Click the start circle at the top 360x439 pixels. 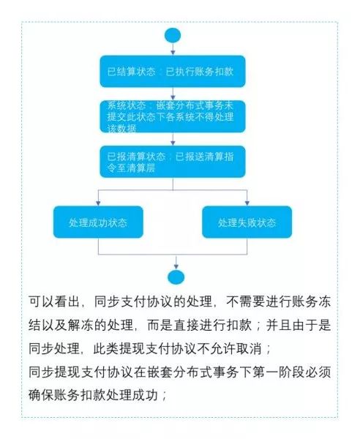point(173,36)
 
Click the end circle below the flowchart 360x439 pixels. point(176,277)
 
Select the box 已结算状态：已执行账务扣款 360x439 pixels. point(173,72)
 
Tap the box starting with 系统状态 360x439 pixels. point(173,116)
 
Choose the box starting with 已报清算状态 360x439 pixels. point(173,162)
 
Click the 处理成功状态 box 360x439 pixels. point(98,222)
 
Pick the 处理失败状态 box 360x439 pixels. point(247,222)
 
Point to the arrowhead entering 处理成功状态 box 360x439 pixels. point(98,203)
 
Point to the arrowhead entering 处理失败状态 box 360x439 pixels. point(247,203)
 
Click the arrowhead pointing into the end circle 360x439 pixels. point(176,267)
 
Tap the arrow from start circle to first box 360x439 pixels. point(173,49)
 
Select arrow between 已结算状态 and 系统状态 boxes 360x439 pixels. point(173,94)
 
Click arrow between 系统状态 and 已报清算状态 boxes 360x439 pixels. point(173,139)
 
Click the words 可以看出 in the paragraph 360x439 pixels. point(54,301)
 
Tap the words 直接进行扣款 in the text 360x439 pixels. point(212,326)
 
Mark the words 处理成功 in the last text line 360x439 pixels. point(132,395)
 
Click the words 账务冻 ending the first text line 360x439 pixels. point(311,301)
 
